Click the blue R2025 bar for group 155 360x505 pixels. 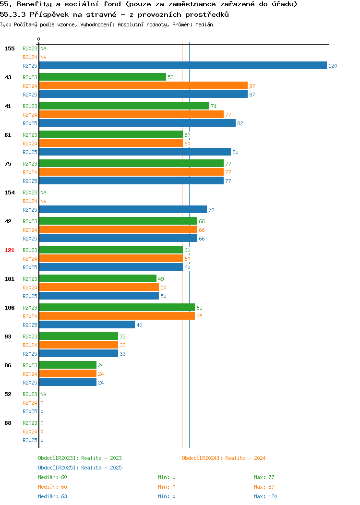pyautogui.click(x=183, y=65)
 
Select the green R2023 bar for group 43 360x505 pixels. pyautogui.click(x=103, y=77)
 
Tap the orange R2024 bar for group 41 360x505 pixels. pyautogui.click(x=132, y=114)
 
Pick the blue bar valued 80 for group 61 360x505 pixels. pyautogui.click(x=135, y=152)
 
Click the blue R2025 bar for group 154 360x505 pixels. pyautogui.click(x=123, y=209)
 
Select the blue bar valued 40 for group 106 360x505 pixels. pyautogui.click(x=87, y=325)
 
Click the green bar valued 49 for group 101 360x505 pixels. pyautogui.click(x=98, y=278)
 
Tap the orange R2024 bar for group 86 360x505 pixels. pyautogui.click(x=68, y=373)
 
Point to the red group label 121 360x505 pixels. pyautogui.click(x=9, y=250)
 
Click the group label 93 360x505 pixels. pyautogui.click(x=8, y=337)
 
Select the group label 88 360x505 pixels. pyautogui.click(x=8, y=423)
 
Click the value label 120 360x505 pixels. pyautogui.click(x=333, y=66)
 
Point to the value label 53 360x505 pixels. pyautogui.click(x=170, y=77)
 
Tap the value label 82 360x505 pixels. pyautogui.click(x=240, y=123)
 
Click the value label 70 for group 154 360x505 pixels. pyautogui.click(x=211, y=210)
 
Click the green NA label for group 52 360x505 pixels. pyautogui.click(x=43, y=394)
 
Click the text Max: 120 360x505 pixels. pyautogui.click(x=265, y=496)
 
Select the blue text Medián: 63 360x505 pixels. pyautogui.click(x=52, y=496)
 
